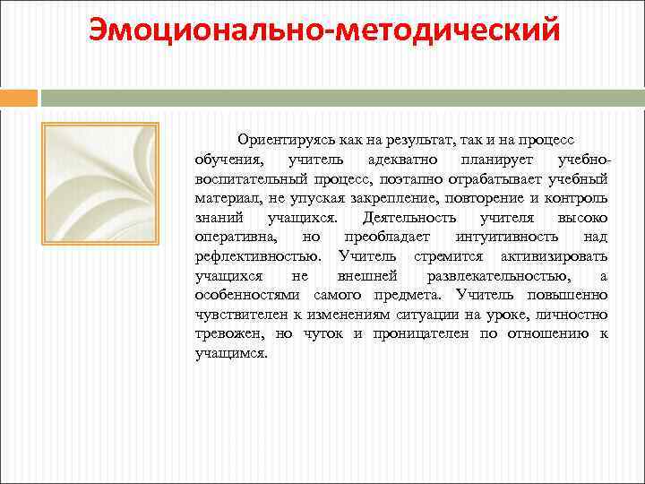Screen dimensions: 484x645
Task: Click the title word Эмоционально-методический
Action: click(x=323, y=29)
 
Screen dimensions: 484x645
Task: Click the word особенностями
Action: click(x=250, y=295)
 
